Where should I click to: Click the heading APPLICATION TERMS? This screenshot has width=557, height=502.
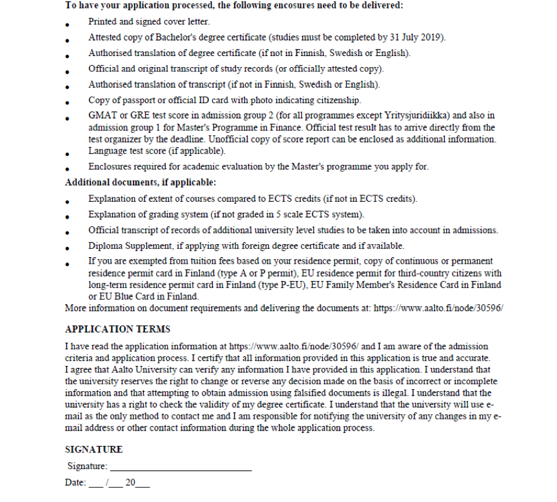click(x=118, y=329)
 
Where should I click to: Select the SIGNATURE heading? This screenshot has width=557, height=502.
click(x=94, y=449)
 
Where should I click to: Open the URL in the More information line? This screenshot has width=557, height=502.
click(x=439, y=308)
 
